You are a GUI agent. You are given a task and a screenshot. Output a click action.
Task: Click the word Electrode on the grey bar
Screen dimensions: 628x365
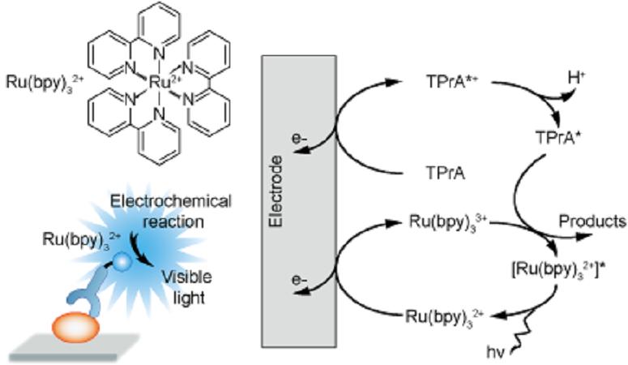(x=276, y=192)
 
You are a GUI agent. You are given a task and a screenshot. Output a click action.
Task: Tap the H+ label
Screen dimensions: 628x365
(x=576, y=78)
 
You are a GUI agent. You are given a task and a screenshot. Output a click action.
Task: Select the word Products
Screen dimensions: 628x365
(x=592, y=221)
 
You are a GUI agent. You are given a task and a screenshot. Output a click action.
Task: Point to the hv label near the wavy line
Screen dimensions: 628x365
(x=495, y=353)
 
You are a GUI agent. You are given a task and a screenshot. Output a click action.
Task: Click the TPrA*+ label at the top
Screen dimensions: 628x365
(x=452, y=82)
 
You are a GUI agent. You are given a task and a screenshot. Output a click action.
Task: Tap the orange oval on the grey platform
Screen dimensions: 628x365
(x=75, y=328)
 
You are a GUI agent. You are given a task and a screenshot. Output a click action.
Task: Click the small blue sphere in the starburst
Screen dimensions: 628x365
(x=122, y=262)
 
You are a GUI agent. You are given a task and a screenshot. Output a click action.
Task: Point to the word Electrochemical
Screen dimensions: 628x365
(x=171, y=201)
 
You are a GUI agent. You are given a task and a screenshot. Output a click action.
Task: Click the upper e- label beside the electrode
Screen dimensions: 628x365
(x=300, y=140)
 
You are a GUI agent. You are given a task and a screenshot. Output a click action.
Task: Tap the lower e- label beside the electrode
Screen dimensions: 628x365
(x=300, y=280)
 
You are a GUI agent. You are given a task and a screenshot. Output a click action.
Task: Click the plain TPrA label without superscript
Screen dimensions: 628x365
(x=445, y=174)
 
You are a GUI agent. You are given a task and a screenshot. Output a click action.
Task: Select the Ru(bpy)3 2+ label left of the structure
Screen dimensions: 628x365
(x=45, y=82)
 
